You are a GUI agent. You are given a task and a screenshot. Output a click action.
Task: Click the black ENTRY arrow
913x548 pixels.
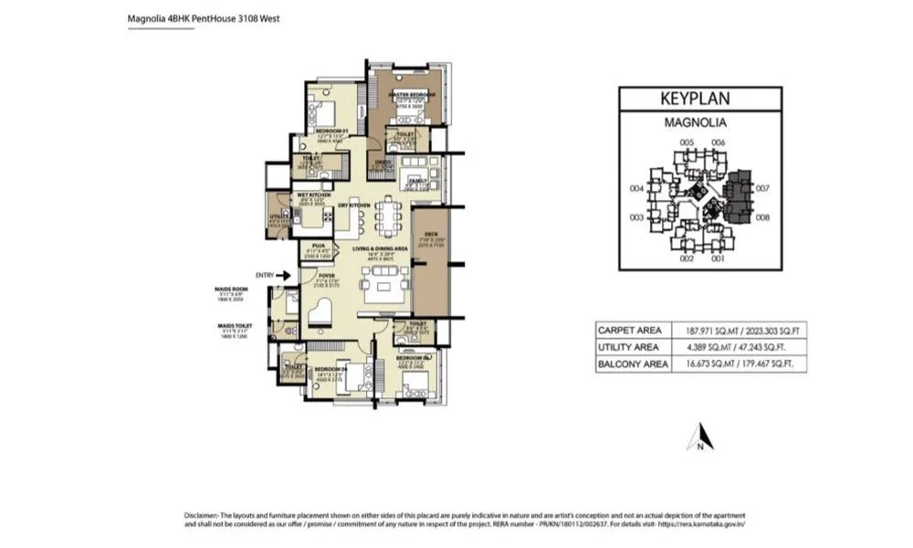pos(284,274)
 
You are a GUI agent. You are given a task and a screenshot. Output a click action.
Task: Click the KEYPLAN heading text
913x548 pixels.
pos(700,99)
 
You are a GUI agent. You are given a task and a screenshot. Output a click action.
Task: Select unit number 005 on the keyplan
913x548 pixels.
pos(687,142)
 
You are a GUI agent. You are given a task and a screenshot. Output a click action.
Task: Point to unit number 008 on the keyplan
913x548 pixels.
pos(763,217)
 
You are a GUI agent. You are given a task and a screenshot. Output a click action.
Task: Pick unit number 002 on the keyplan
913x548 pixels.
pos(687,259)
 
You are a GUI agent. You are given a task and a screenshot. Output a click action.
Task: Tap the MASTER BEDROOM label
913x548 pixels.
pos(412,95)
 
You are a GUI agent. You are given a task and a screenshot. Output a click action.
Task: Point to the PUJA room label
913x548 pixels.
pos(319,245)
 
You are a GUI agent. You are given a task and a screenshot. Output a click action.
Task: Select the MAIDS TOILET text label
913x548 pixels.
pos(234,325)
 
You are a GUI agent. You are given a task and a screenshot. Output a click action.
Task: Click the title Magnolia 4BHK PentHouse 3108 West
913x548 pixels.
pos(202,17)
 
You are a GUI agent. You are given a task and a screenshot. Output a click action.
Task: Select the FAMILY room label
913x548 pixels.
pos(418,181)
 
